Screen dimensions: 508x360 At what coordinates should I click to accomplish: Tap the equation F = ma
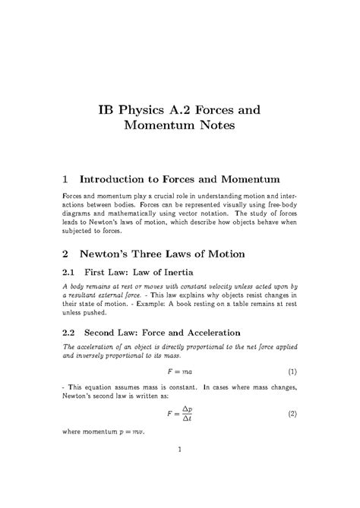tap(180, 373)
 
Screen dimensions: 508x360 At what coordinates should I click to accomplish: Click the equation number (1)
tap(292, 373)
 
